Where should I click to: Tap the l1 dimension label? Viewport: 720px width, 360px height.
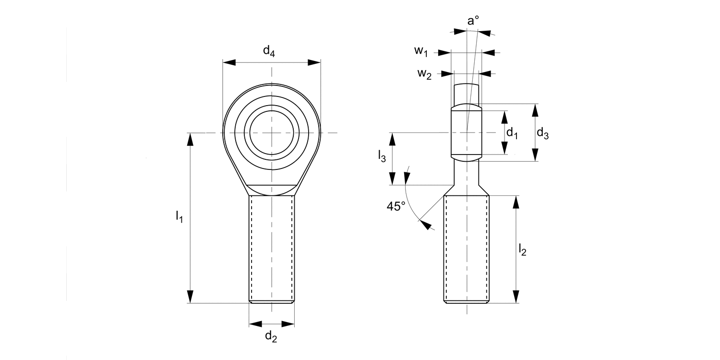click(179, 216)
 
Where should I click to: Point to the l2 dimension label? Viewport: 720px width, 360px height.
click(522, 249)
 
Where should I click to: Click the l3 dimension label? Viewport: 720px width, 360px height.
click(382, 156)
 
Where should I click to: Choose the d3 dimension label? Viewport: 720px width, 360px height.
click(542, 133)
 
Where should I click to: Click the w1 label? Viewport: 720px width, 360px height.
click(423, 51)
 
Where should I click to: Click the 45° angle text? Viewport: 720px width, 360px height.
click(396, 206)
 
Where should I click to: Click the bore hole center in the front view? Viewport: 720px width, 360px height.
click(272, 132)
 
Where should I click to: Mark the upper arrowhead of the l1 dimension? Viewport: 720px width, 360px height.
click(191, 139)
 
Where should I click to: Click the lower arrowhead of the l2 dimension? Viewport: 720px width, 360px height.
click(516, 297)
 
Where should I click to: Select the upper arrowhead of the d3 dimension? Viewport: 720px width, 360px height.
click(536, 110)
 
